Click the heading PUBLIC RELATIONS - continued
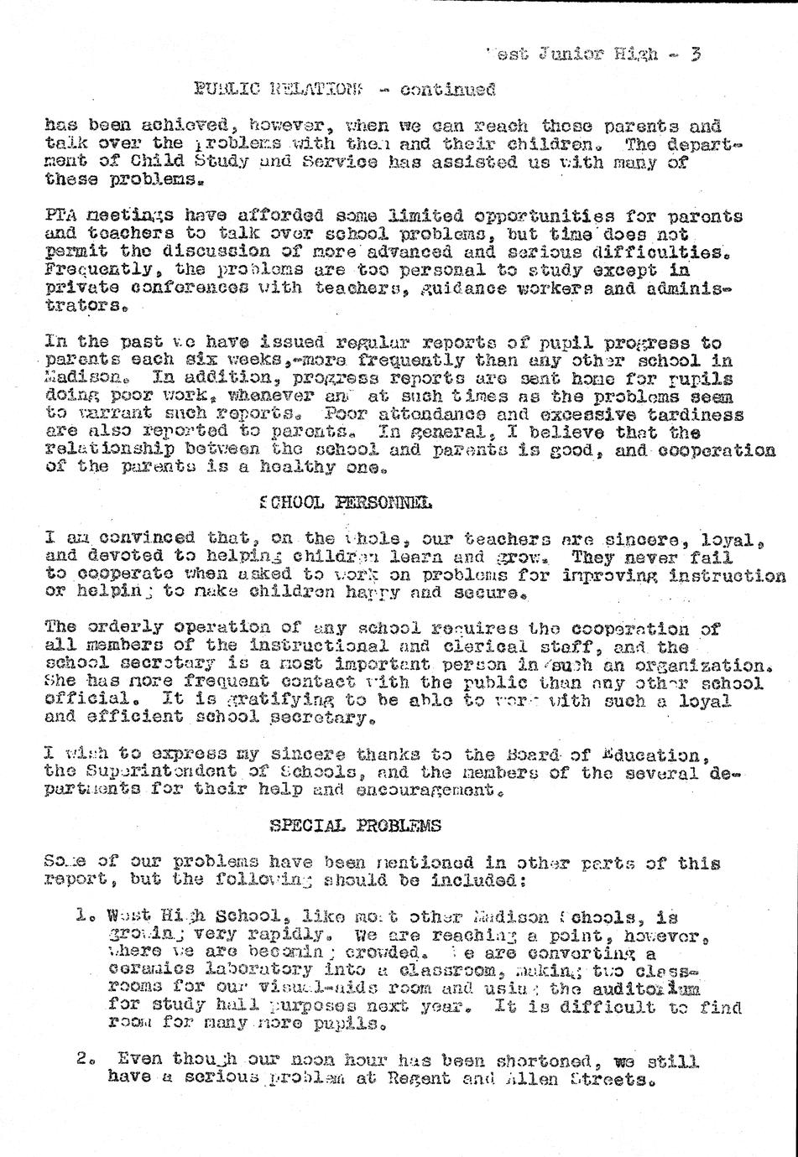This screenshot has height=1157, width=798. click(x=344, y=89)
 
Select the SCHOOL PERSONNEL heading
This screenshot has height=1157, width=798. click(x=346, y=503)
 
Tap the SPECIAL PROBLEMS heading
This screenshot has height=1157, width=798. click(x=355, y=826)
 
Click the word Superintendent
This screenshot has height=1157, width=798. click(x=164, y=771)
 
